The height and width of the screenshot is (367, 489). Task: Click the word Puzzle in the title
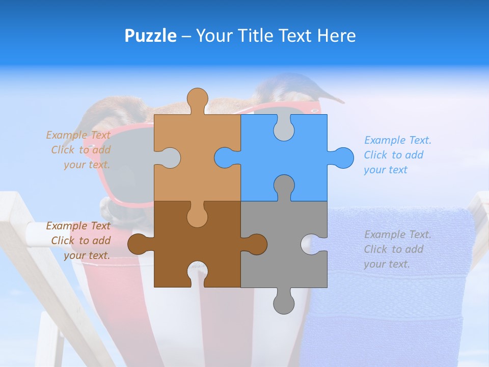point(150,36)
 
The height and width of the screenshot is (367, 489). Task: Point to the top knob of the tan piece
point(197,99)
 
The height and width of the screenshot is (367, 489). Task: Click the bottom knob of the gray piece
point(284,303)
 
